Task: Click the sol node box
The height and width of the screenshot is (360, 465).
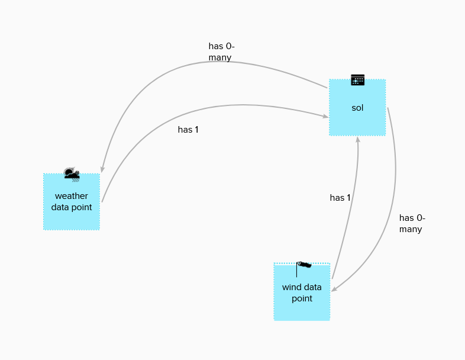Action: pyautogui.click(x=357, y=107)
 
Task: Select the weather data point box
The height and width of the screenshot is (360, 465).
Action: pyautogui.click(x=72, y=202)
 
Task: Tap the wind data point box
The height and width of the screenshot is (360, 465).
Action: pyautogui.click(x=302, y=292)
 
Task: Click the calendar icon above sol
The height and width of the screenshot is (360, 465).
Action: pyautogui.click(x=358, y=80)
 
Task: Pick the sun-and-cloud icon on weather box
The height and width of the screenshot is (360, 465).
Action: pyautogui.click(x=72, y=174)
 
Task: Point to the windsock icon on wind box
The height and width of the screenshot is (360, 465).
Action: pyautogui.click(x=303, y=269)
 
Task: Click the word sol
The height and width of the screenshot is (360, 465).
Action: pyautogui.click(x=357, y=108)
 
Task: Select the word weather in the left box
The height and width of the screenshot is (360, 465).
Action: pyautogui.click(x=72, y=196)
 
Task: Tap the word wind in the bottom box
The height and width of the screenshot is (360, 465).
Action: pyautogui.click(x=292, y=287)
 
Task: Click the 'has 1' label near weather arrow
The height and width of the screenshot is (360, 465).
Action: pyautogui.click(x=188, y=130)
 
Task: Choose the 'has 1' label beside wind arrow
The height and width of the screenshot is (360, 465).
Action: pyautogui.click(x=340, y=198)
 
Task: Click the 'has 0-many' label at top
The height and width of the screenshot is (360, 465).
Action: pyautogui.click(x=221, y=52)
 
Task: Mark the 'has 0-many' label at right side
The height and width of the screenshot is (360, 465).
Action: pyautogui.click(x=412, y=223)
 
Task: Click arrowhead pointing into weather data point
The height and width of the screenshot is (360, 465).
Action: pyautogui.click(x=102, y=169)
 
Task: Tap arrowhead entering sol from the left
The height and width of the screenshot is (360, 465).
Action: pyautogui.click(x=325, y=116)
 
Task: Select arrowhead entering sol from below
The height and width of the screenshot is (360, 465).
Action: pyautogui.click(x=358, y=139)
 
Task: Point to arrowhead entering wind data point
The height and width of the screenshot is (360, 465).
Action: pyautogui.click(x=334, y=289)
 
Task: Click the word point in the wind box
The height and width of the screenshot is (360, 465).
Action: pyautogui.click(x=302, y=298)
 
